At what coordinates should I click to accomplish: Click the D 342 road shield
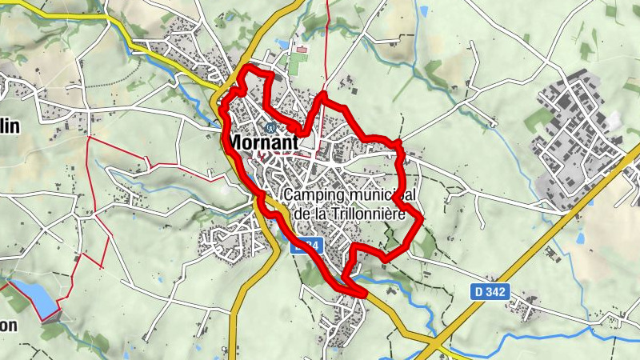(x=490, y=293)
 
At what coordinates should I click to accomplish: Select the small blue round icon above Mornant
(x=271, y=126)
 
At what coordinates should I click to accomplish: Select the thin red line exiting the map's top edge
(x=328, y=16)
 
